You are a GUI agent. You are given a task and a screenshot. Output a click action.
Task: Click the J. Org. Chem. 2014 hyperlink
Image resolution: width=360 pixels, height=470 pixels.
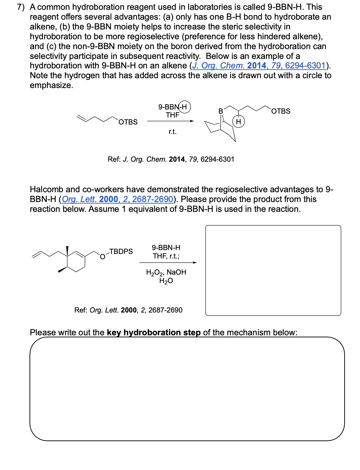(x=259, y=66)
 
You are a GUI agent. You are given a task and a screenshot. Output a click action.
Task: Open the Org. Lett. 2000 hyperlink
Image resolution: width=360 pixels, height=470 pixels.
(x=117, y=199)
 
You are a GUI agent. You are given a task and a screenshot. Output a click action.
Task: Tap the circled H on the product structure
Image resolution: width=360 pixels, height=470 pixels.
(x=239, y=122)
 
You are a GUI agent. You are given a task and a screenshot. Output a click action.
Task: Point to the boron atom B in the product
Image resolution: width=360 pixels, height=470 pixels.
(x=221, y=111)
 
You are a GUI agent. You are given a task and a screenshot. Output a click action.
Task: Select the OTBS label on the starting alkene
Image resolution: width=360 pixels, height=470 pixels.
(x=128, y=122)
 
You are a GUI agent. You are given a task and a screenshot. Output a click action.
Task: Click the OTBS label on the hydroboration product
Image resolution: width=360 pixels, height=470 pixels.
(x=281, y=111)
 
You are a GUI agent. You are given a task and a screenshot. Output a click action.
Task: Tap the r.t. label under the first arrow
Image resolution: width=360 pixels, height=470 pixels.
(x=172, y=132)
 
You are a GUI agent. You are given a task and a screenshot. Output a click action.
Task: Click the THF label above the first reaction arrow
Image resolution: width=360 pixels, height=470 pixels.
(x=172, y=115)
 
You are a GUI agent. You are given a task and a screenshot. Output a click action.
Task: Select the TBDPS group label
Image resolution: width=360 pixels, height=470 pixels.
(x=121, y=251)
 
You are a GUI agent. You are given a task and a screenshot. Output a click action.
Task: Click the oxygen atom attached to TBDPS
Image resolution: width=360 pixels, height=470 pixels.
(x=102, y=257)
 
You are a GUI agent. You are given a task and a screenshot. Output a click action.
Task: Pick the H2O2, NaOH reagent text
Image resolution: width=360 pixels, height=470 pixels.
(x=166, y=272)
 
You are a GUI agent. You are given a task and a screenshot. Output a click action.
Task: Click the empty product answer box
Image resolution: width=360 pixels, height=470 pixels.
(x=273, y=270)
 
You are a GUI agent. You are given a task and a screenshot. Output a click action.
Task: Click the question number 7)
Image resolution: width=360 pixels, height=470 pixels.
(x=21, y=7)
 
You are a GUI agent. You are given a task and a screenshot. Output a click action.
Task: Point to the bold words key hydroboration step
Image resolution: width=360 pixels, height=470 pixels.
(x=154, y=333)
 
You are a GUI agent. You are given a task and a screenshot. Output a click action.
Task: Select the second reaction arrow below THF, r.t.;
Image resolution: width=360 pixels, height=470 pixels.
(x=168, y=262)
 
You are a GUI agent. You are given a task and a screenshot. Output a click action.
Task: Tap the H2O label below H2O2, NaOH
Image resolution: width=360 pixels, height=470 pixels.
(x=166, y=281)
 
